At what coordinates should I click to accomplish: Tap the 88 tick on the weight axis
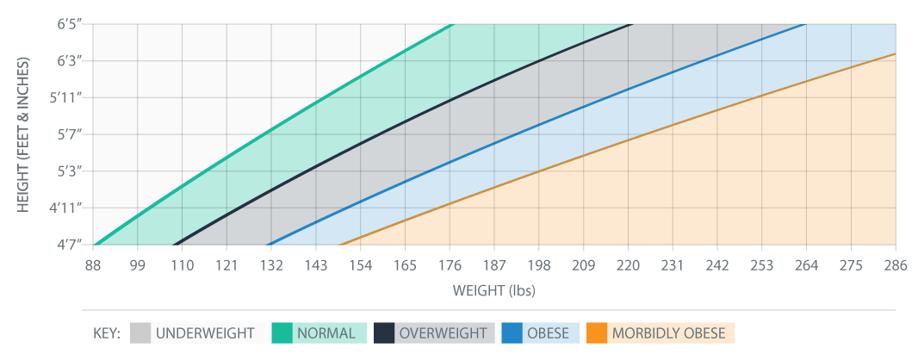(93, 265)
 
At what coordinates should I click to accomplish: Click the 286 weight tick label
(896, 265)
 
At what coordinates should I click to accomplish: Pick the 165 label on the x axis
(405, 265)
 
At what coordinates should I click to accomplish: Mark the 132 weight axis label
(271, 265)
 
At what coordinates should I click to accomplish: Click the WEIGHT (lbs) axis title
(493, 290)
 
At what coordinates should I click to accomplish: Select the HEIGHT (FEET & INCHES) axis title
(24, 135)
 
